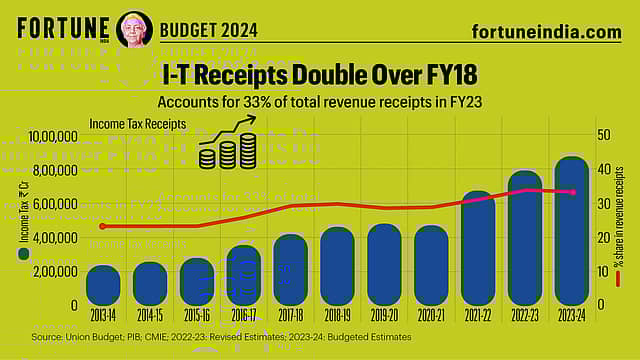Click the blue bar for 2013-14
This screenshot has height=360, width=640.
point(103,285)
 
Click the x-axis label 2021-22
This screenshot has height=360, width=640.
point(477,314)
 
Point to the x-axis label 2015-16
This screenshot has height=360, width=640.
point(196,314)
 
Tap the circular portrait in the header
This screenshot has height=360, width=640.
point(135,29)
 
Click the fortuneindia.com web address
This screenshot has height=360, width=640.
point(545,31)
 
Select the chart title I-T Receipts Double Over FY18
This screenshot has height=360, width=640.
point(320,75)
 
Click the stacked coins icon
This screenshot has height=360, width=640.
point(229,154)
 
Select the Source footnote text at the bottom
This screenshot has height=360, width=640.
point(221,337)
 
